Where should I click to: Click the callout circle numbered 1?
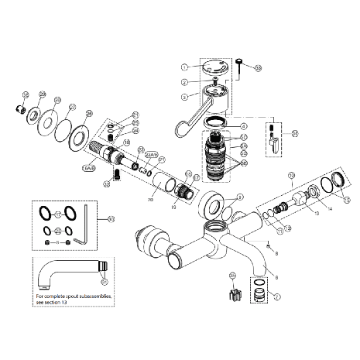point(185,67)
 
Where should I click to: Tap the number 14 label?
point(329,209)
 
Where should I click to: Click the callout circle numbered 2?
point(185,82)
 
